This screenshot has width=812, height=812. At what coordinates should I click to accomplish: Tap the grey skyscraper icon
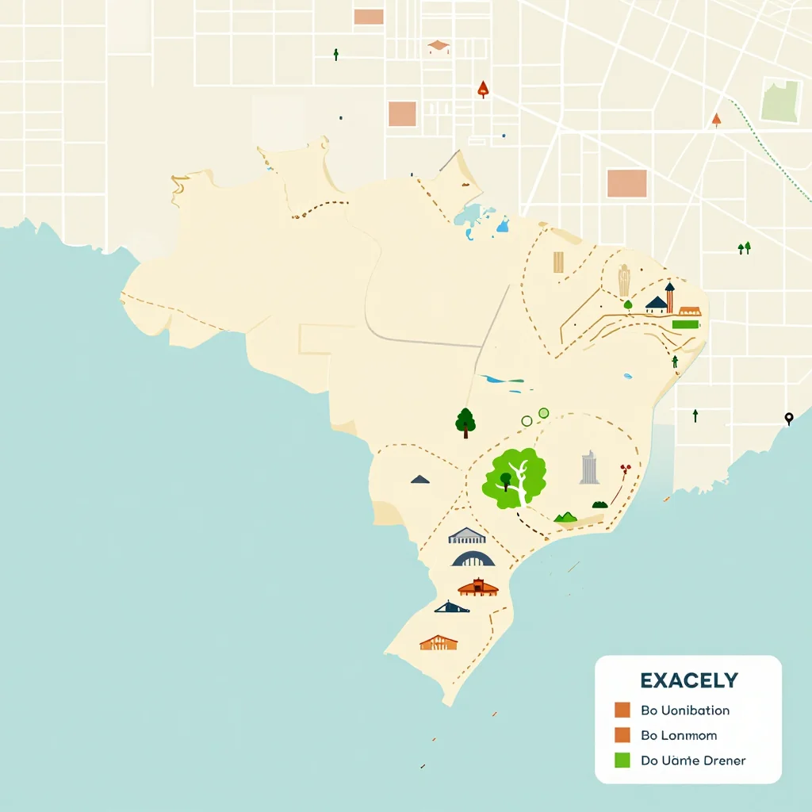tap(588, 468)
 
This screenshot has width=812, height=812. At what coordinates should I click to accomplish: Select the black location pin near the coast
tap(788, 418)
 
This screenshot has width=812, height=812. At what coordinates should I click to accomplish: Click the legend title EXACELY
tap(688, 680)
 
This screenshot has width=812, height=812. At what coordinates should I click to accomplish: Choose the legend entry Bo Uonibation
tap(685, 710)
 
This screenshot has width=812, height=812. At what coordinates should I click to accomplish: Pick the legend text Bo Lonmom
tap(678, 735)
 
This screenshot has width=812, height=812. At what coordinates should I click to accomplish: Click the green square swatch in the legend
tap(622, 760)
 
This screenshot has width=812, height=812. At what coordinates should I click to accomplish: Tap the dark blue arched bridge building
tap(473, 559)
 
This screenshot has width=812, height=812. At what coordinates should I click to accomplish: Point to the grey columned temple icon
tap(466, 536)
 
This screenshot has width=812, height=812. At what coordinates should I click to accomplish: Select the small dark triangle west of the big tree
tap(420, 479)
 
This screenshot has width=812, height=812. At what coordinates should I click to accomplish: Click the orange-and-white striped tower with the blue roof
tap(670, 298)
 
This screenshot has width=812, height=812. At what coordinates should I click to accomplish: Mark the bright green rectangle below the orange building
tap(686, 324)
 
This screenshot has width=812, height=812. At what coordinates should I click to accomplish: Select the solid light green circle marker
tap(543, 412)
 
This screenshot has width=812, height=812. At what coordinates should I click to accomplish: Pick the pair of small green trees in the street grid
tap(744, 248)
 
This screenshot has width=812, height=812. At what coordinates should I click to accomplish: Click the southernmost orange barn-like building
tap(439, 642)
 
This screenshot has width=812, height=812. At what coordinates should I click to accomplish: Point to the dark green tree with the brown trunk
tap(465, 422)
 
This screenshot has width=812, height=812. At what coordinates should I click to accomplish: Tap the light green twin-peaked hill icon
tap(565, 517)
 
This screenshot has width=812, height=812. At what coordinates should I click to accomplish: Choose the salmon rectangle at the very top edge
tap(369, 17)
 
